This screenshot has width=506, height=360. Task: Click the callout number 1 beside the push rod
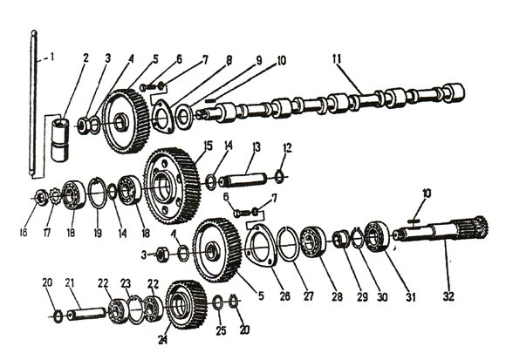(51, 58)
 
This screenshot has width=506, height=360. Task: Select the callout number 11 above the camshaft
(338, 59)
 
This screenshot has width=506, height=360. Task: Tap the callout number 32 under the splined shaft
(448, 296)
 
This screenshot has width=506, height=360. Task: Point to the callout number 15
(209, 146)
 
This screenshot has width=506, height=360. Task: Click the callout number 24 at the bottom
(163, 340)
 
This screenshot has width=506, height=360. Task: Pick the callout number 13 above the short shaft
(256, 147)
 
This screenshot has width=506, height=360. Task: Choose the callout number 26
(284, 295)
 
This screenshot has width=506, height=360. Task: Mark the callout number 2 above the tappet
(85, 58)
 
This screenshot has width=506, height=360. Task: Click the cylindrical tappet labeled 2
(60, 139)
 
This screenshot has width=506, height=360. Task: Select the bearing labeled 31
(376, 236)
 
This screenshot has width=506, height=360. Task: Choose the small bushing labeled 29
(341, 239)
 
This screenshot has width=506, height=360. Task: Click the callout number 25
(221, 330)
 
